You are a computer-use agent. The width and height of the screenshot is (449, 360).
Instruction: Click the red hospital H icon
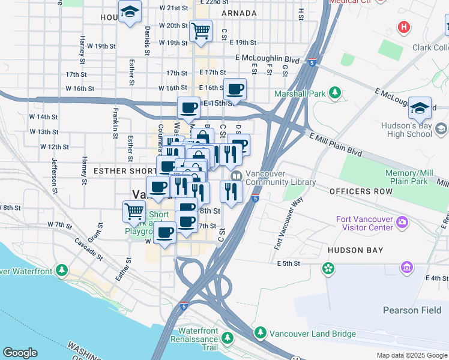click(x=405, y=28)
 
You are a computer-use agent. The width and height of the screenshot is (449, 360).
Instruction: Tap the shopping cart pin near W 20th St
click(x=200, y=30)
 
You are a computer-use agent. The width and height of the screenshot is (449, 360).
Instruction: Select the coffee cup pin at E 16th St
click(x=235, y=90)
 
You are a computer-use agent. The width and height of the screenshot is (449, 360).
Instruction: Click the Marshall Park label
click(x=300, y=94)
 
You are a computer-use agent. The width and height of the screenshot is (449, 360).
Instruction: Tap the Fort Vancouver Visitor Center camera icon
click(x=402, y=223)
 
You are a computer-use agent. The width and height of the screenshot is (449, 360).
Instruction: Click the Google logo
click(x=20, y=353)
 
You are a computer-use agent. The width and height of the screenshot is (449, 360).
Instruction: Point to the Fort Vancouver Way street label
click(x=286, y=224)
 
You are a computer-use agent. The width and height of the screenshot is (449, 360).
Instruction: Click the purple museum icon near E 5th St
click(x=406, y=266)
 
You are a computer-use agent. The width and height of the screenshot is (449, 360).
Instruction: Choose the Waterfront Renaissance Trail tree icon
click(x=228, y=338)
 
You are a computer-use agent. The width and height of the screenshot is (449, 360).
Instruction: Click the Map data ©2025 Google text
click(x=411, y=355)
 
